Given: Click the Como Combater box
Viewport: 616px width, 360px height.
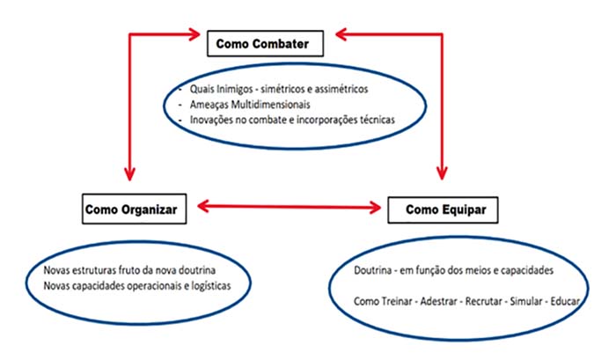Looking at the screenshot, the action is [x=265, y=44].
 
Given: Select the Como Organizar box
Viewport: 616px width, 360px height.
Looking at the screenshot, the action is [x=135, y=209].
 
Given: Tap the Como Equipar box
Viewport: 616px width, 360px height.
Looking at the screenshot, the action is [x=443, y=209].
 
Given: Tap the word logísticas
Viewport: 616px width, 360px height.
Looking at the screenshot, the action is [x=211, y=286].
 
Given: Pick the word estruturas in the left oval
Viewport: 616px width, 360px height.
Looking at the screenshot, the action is [x=94, y=270].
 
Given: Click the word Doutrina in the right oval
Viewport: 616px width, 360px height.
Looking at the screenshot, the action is [x=373, y=270].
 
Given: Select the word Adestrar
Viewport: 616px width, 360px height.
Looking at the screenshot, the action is [x=438, y=301].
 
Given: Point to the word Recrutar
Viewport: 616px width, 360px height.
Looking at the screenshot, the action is [x=484, y=301].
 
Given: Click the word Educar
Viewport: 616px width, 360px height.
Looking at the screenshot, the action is [x=565, y=301].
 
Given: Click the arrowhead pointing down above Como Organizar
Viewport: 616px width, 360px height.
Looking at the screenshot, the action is [x=129, y=173].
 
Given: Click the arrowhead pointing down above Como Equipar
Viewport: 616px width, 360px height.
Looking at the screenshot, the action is [x=442, y=173].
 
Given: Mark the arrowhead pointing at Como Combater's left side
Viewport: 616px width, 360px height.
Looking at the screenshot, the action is [x=194, y=34].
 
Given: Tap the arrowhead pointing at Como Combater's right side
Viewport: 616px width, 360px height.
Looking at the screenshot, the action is [x=341, y=34].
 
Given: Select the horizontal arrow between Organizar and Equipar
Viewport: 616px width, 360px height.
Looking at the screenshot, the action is [x=290, y=207].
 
